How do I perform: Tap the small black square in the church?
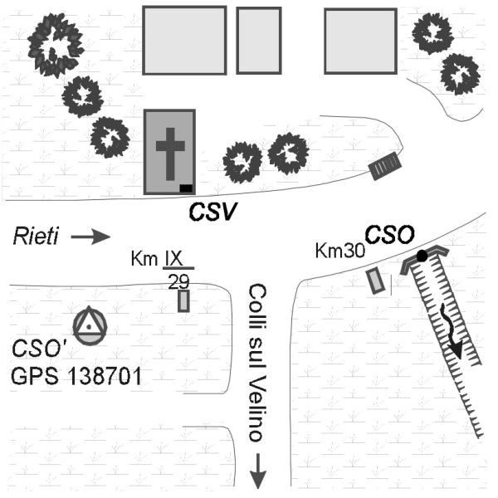tap(186, 188)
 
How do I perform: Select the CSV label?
tap(212, 212)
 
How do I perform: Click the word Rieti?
tap(36, 237)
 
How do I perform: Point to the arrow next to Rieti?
tap(90, 237)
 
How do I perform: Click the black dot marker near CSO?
tap(422, 256)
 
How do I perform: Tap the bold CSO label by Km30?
tap(390, 235)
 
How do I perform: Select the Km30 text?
tap(339, 251)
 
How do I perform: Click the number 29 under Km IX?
tap(178, 281)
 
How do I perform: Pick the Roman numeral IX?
tap(174, 259)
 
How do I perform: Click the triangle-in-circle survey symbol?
tap(90, 325)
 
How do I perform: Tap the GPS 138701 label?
tap(76, 376)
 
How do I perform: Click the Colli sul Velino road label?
tap(256, 363)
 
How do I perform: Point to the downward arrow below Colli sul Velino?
tap(258, 471)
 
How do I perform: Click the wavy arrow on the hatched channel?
tap(451, 331)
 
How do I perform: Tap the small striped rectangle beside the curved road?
tap(385, 166)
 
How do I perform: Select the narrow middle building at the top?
tap(259, 41)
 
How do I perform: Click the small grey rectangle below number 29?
tap(183, 300)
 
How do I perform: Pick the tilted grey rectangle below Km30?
tap(376, 281)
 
